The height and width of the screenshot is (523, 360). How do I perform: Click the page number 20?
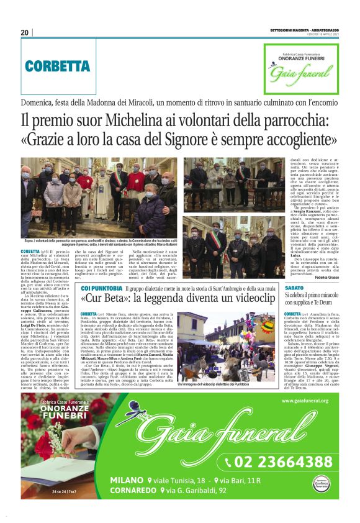(25, 32)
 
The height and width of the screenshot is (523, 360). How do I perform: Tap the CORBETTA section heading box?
(58, 66)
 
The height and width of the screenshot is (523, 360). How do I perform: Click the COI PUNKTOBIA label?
(102, 288)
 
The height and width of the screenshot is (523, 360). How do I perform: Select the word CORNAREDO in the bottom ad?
(135, 491)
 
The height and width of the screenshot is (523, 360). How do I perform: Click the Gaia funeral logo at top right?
(301, 68)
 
